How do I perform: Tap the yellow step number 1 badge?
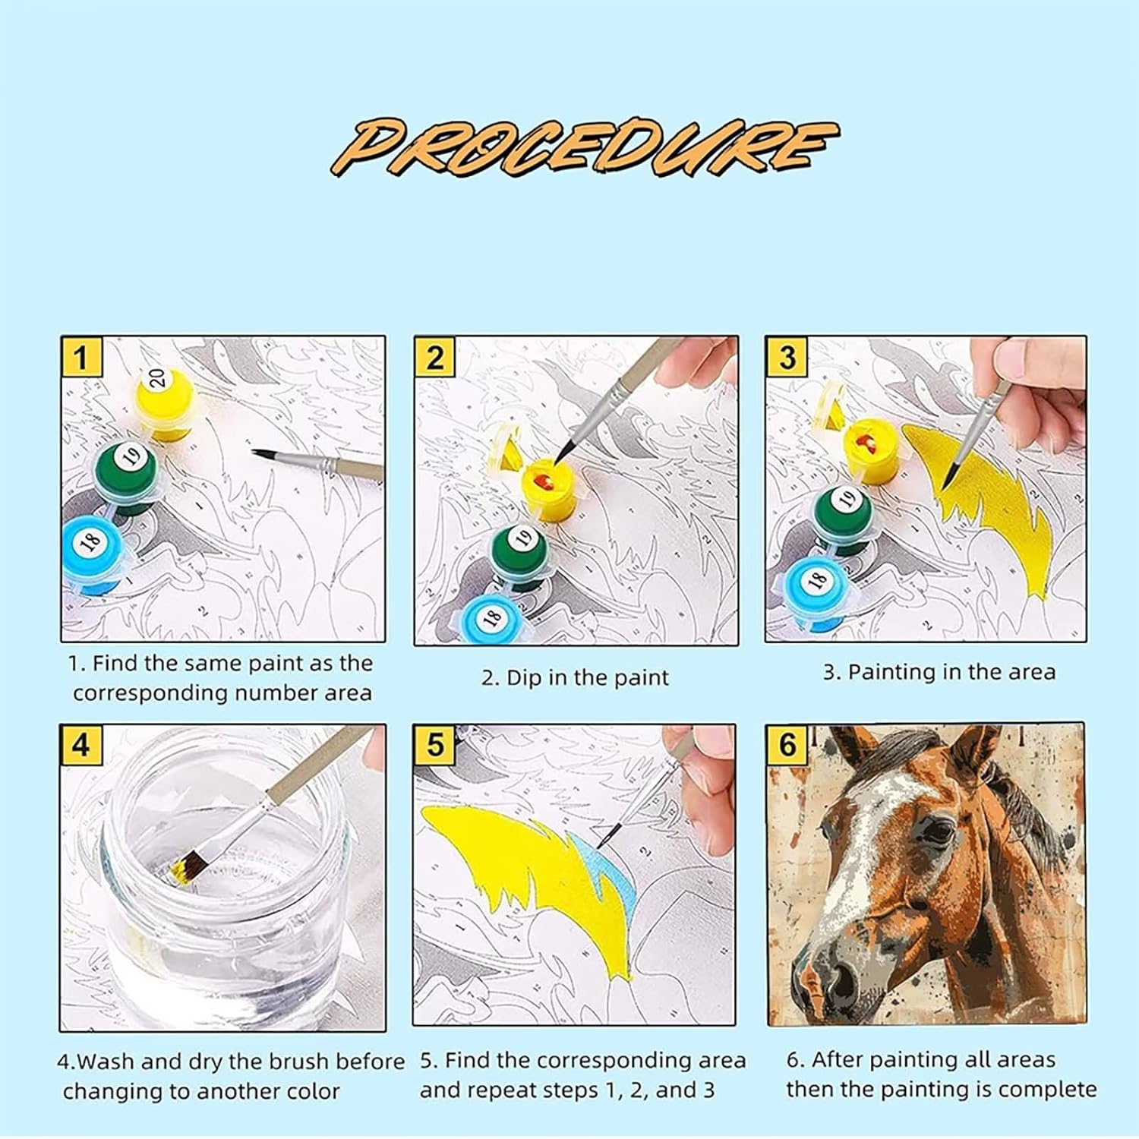(81, 357)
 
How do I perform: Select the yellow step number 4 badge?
(80, 745)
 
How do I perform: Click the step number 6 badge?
(787, 744)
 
